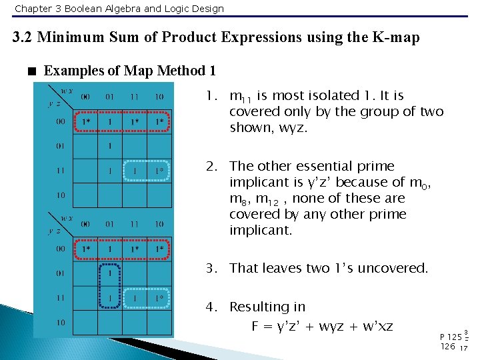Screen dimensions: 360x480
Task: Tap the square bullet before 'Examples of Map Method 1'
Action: coord(31,71)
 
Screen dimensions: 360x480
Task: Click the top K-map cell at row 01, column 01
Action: coord(111,146)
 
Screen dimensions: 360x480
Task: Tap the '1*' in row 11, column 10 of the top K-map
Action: coord(159,171)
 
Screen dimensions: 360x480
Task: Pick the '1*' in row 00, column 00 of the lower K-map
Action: coord(86,249)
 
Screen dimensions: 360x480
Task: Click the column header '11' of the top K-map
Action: coord(135,97)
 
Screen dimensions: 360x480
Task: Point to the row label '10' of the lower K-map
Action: coord(61,323)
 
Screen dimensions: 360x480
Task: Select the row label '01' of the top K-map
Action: coord(61,146)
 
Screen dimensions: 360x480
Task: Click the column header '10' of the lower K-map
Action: coord(159,225)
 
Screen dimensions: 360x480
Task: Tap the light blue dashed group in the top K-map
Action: coord(147,171)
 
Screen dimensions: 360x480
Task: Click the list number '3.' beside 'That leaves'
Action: coord(211,268)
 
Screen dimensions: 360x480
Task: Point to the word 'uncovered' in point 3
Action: coord(396,268)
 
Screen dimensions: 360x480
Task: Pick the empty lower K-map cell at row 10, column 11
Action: coord(135,323)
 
